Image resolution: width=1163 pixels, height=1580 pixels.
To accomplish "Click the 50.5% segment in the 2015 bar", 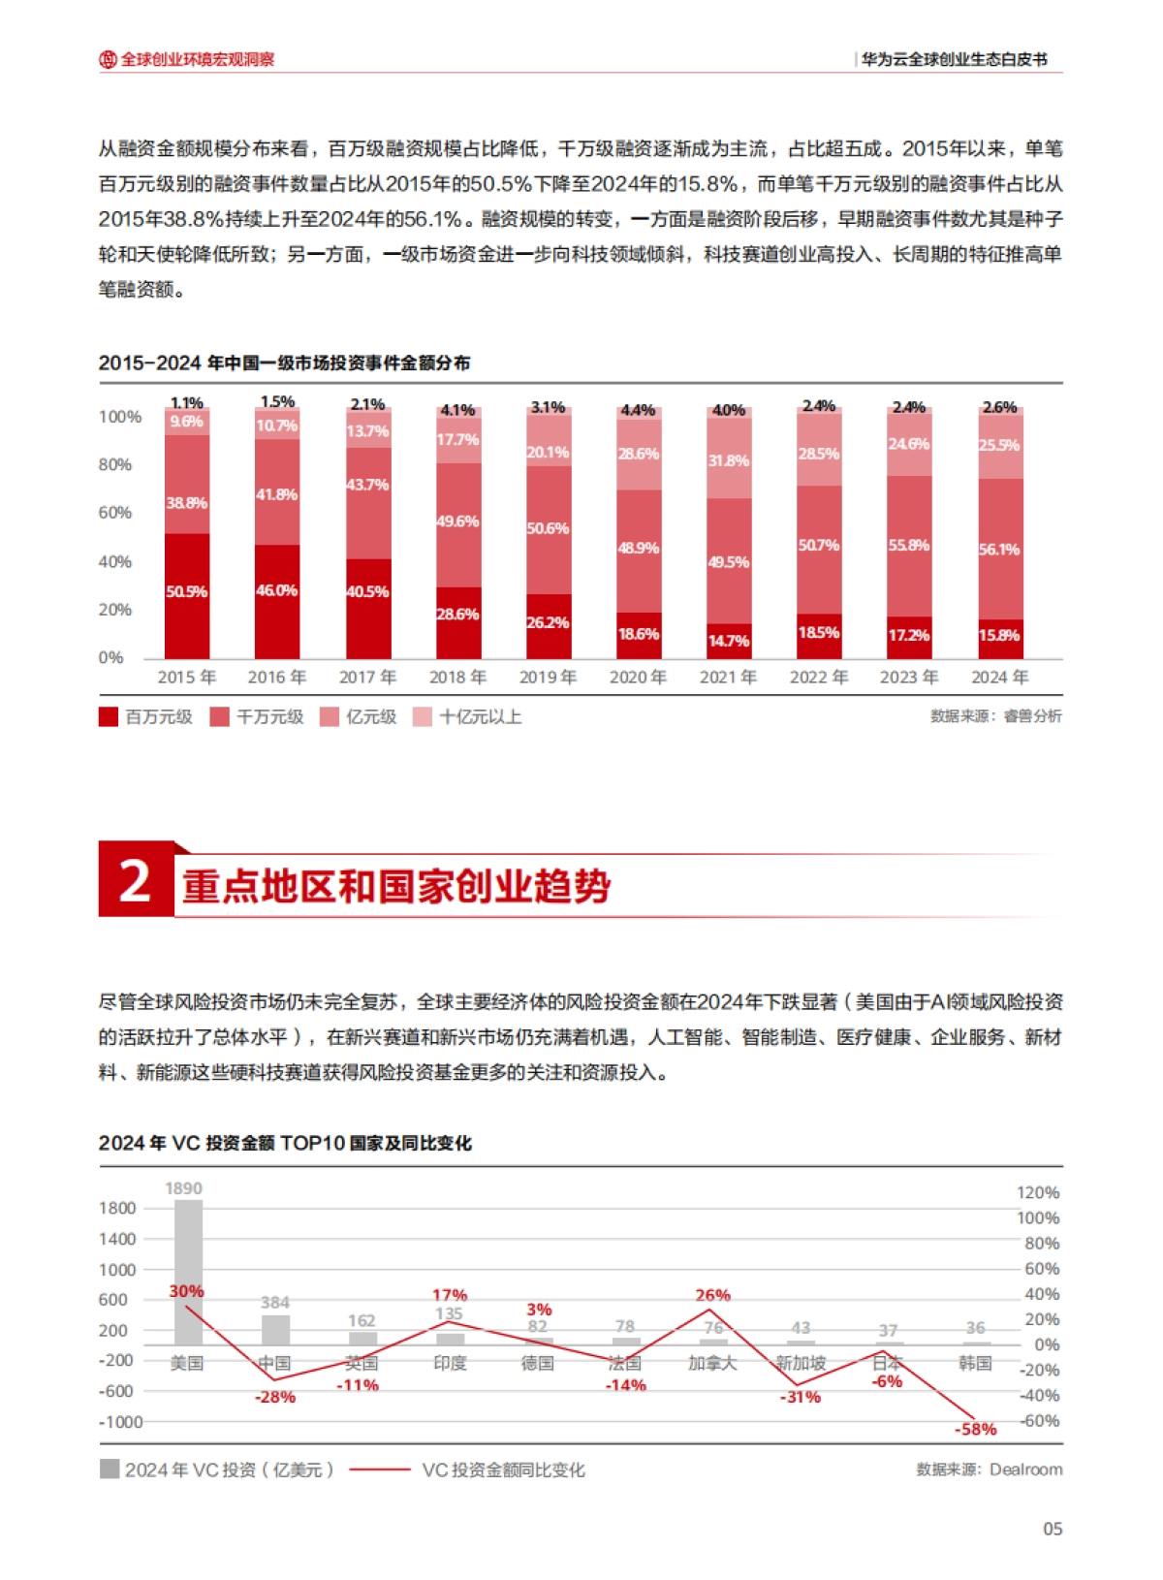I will pyautogui.click(x=187, y=593).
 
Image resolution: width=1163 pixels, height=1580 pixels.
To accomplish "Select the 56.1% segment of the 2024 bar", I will pyautogui.click(x=999, y=550).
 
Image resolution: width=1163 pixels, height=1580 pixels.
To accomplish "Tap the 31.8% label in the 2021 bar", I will pyautogui.click(x=728, y=460).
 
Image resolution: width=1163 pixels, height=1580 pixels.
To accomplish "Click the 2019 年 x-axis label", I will pyautogui.click(x=548, y=677).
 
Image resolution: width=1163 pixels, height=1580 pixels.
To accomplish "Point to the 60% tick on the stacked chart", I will pyautogui.click(x=114, y=513).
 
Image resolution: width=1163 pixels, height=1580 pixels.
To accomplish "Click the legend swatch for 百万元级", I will pyautogui.click(x=109, y=717).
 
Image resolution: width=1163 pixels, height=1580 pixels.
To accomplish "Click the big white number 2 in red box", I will pyautogui.click(x=135, y=880).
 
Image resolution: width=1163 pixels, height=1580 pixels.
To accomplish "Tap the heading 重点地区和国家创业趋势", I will pyautogui.click(x=395, y=887).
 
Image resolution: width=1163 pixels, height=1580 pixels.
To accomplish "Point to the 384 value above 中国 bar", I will pyautogui.click(x=275, y=1302).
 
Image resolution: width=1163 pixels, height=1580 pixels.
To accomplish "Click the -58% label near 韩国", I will pyautogui.click(x=975, y=1429).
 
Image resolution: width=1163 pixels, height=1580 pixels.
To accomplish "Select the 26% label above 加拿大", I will pyautogui.click(x=712, y=1295).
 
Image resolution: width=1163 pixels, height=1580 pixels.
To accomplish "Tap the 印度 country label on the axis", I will pyautogui.click(x=450, y=1363).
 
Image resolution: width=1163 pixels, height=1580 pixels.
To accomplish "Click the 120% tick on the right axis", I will pyautogui.click(x=1038, y=1192).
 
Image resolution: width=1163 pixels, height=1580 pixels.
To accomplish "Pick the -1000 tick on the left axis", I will pyautogui.click(x=120, y=1422).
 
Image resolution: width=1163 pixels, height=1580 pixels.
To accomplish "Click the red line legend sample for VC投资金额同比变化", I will pyautogui.click(x=379, y=1469).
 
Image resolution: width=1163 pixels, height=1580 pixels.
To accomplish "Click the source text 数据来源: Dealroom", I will pyautogui.click(x=989, y=1469).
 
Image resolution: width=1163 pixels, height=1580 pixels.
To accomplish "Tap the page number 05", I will pyautogui.click(x=1053, y=1529).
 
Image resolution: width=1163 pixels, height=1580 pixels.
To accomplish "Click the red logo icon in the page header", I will pyautogui.click(x=108, y=59).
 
